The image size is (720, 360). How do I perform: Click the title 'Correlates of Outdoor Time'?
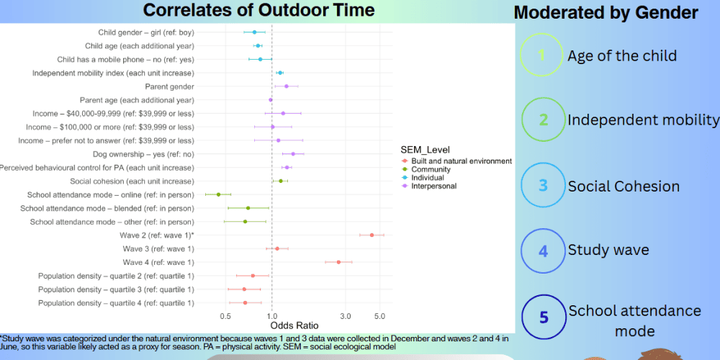(259, 10)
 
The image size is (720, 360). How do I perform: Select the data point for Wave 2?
(372, 235)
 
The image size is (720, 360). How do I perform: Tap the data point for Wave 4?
(338, 262)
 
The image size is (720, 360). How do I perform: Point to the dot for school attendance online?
(218, 194)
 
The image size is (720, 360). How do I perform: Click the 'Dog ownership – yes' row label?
(143, 154)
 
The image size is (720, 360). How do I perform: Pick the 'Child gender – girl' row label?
(146, 32)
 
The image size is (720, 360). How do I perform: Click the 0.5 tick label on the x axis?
(225, 316)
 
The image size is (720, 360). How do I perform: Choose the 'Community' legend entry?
(431, 170)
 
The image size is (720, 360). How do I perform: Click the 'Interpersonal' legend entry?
(433, 186)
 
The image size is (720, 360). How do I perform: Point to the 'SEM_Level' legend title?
(425, 150)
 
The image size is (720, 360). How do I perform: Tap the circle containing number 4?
(544, 251)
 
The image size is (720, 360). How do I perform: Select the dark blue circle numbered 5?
(544, 318)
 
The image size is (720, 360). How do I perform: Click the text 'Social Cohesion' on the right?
(624, 186)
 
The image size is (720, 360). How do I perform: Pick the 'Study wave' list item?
(608, 251)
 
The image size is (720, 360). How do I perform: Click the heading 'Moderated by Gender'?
(606, 13)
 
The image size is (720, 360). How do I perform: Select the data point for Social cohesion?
(281, 181)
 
